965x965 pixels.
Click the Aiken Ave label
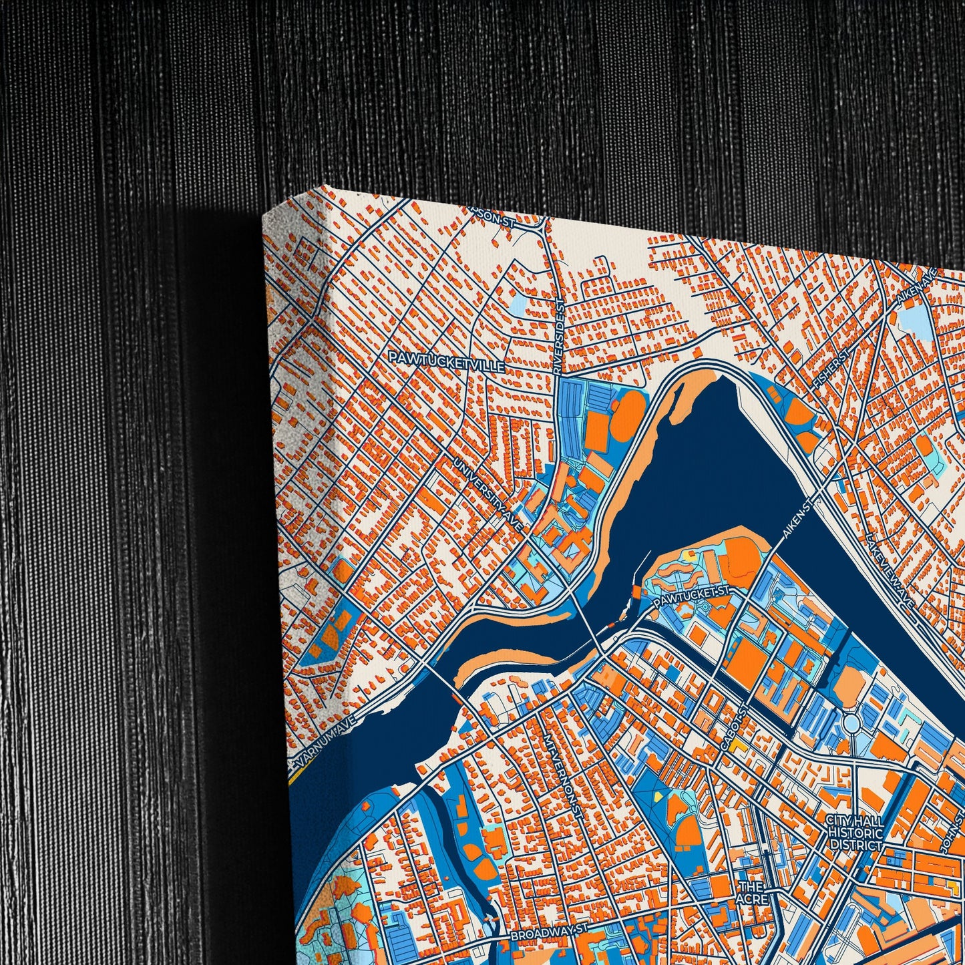click(920, 286)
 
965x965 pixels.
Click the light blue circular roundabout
click(852, 723)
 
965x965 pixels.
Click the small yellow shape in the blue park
click(658, 796)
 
